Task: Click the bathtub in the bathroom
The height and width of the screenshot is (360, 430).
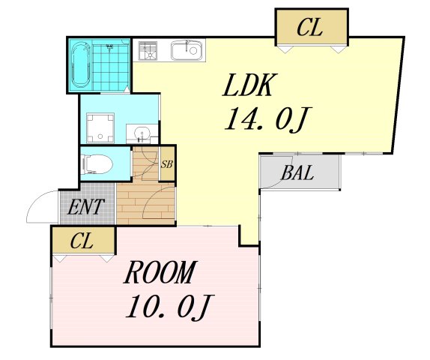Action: pyautogui.click(x=81, y=64)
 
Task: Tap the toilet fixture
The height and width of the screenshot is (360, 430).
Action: pyautogui.click(x=97, y=164)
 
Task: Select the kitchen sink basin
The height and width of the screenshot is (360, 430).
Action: pyautogui.click(x=188, y=49)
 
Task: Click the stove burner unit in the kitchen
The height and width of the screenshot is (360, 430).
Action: pyautogui.click(x=148, y=50)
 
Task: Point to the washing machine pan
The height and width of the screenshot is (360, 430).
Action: pyautogui.click(x=100, y=127)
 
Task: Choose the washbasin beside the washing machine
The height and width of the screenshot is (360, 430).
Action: pyautogui.click(x=142, y=133)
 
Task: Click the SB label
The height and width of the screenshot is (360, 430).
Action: pyautogui.click(x=167, y=164)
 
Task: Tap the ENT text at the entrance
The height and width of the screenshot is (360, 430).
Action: pyautogui.click(x=86, y=206)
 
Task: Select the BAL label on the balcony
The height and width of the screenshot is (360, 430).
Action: pyautogui.click(x=297, y=173)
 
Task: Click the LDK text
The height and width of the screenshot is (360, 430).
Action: pyautogui.click(x=249, y=85)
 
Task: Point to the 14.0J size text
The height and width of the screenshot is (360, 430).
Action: pyautogui.click(x=267, y=119)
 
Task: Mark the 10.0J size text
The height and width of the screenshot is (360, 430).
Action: pyautogui.click(x=169, y=307)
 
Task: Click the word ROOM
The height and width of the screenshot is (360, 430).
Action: pyautogui.click(x=160, y=272)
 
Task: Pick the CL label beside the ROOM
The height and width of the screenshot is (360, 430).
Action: pyautogui.click(x=82, y=241)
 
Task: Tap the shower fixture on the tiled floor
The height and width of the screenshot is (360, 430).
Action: pyautogui.click(x=109, y=47)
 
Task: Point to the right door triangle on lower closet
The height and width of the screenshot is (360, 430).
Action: pyautogui.click(x=106, y=259)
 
